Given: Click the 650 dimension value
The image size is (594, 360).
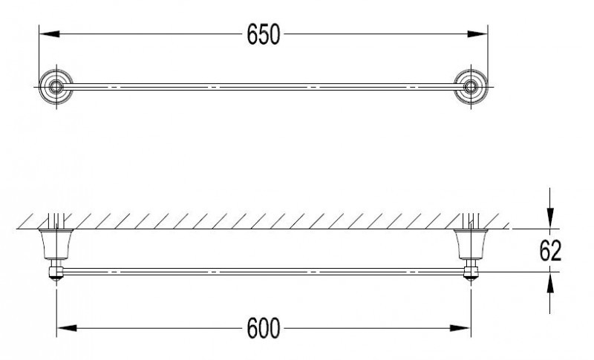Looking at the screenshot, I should (x=264, y=34).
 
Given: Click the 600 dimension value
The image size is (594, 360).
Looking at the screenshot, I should (x=264, y=327).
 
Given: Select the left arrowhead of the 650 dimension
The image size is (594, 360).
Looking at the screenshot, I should (x=46, y=34).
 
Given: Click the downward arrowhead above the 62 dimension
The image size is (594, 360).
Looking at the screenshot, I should (x=549, y=219).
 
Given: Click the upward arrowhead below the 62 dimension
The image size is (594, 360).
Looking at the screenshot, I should (x=549, y=281).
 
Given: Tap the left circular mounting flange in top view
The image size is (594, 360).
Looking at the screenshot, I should (x=54, y=88).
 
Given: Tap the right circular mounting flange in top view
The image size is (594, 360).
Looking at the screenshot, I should (x=469, y=88).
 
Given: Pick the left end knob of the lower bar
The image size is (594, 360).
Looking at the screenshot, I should (x=54, y=272).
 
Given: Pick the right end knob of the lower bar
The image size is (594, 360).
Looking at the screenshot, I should (x=469, y=272).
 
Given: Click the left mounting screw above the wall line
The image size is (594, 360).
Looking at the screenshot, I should (x=53, y=220).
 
